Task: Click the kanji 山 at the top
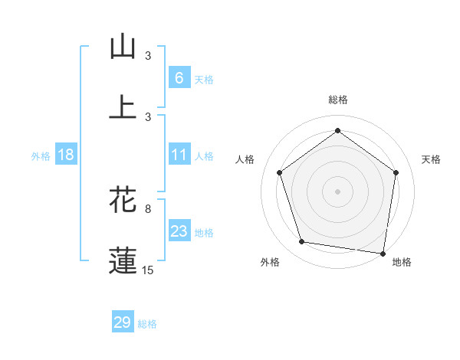[123, 47]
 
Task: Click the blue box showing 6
[179, 77]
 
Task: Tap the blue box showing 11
[179, 155]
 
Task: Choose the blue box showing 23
[179, 231]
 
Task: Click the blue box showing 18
[66, 155]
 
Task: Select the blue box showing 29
[123, 322]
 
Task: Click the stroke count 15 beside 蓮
[148, 270]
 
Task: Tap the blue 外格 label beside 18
[41, 155]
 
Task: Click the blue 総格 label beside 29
[148, 324]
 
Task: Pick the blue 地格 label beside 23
[204, 232]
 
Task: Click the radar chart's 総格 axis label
[337, 100]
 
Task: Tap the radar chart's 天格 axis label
[431, 159]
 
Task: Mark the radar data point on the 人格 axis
[279, 172]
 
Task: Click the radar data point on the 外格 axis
[302, 242]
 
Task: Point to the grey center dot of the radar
[337, 191]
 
